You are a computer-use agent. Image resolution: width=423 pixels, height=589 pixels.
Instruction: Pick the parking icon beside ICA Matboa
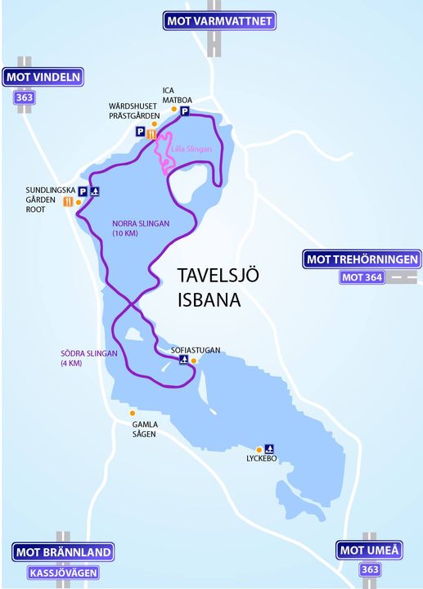(x=185, y=112)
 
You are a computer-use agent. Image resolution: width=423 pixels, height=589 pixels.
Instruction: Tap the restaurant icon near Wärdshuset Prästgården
(x=151, y=133)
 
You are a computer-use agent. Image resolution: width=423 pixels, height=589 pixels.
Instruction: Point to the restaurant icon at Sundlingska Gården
(x=67, y=202)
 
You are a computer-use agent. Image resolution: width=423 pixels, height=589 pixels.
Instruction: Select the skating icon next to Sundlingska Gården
(x=95, y=192)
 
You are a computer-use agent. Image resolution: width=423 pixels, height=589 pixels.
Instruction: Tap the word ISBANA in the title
(x=209, y=299)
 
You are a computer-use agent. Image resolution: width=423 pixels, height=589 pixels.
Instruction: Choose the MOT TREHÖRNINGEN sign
(x=362, y=260)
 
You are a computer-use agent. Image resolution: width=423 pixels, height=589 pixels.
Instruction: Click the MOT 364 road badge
(x=362, y=278)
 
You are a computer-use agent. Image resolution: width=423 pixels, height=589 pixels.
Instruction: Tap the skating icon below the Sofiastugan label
(x=183, y=360)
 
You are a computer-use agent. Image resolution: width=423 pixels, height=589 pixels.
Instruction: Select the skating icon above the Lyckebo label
(x=269, y=448)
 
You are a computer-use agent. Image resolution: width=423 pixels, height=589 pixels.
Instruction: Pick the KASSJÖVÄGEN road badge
(x=63, y=573)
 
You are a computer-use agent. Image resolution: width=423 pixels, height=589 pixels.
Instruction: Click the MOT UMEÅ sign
(x=368, y=551)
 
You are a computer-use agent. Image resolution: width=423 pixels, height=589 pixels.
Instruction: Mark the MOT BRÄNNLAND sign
(x=63, y=552)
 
